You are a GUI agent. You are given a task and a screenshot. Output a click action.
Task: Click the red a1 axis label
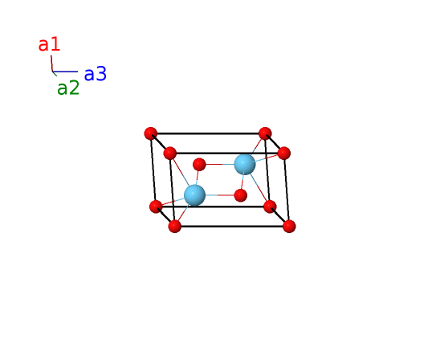point(49,44)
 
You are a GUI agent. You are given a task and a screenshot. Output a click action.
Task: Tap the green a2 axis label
point(68,88)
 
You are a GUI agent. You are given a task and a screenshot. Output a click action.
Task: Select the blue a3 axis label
point(96,74)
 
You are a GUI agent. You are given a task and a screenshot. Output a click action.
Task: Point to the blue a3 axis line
point(65,72)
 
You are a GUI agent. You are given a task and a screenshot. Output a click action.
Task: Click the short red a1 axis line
point(51,63)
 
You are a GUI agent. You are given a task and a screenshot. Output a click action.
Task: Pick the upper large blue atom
point(245,164)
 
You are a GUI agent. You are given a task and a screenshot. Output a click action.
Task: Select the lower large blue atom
point(194,195)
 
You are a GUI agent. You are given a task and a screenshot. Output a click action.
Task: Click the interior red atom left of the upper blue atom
point(199,164)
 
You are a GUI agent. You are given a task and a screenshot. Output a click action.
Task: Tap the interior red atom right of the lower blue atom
point(240,195)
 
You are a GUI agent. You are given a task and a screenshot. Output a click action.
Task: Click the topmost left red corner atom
point(151,133)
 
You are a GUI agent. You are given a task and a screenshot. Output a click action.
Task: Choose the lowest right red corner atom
point(289,226)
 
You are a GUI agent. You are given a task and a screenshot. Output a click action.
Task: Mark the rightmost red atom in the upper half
point(283,153)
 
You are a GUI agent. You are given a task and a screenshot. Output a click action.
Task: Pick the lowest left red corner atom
point(174,226)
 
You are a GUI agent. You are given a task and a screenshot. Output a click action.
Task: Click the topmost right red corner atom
point(265,133)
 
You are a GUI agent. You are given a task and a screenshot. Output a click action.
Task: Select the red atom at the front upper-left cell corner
point(169,153)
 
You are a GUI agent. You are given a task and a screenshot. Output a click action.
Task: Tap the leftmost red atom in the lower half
point(156,207)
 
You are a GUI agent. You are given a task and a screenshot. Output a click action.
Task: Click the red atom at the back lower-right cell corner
point(270,207)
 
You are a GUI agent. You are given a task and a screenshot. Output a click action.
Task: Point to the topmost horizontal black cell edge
point(208,133)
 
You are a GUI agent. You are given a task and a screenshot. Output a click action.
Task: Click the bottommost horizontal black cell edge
point(232,226)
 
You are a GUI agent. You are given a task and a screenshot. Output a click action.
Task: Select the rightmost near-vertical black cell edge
point(287,190)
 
